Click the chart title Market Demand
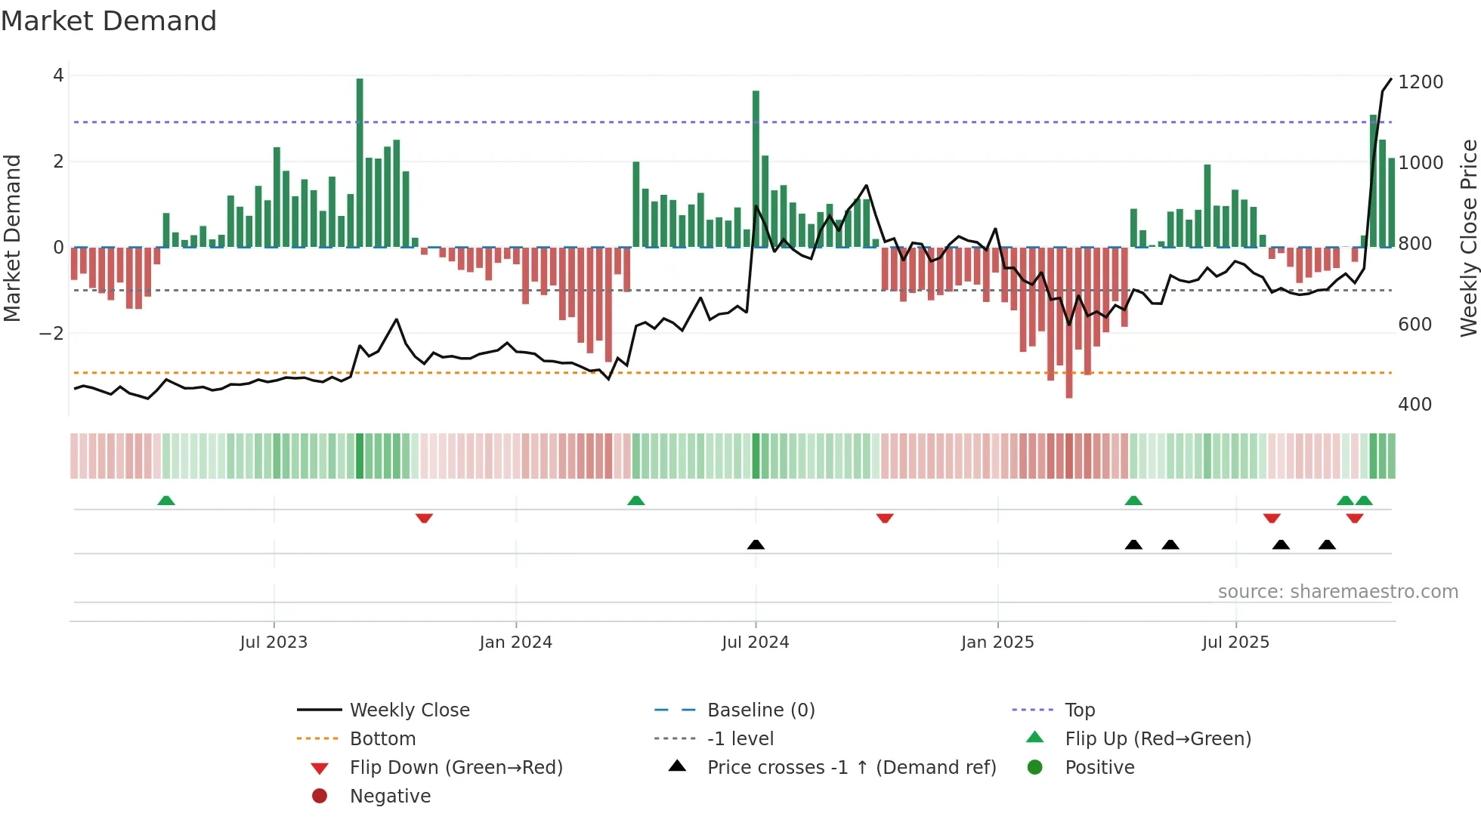(109, 21)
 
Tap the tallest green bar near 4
(360, 162)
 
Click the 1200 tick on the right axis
(1420, 82)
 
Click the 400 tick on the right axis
(1415, 405)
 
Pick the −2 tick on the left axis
(51, 334)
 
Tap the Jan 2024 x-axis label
(515, 642)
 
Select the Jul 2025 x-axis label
(1235, 642)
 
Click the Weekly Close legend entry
(409, 710)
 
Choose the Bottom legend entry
(382, 739)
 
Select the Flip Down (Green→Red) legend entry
(456, 768)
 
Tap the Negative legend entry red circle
(320, 797)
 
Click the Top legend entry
(1079, 710)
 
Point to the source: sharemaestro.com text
(1337, 592)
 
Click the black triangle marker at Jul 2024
(756, 544)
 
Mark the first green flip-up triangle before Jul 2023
(166, 501)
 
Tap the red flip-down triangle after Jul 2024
(885, 518)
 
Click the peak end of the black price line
(1391, 79)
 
